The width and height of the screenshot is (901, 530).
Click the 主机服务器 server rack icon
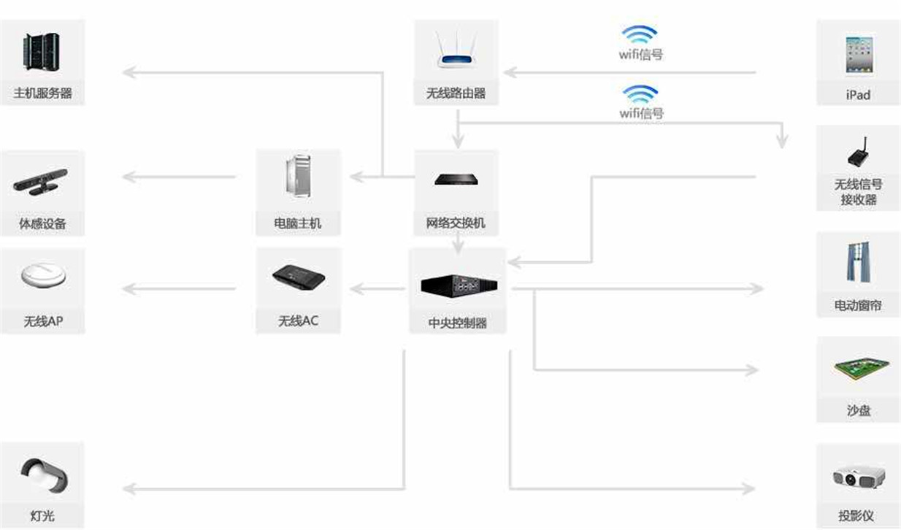[42, 53]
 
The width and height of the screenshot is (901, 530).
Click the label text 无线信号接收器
[858, 192]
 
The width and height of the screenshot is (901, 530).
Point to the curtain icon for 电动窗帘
[858, 264]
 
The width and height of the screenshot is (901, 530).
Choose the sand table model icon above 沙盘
[859, 368]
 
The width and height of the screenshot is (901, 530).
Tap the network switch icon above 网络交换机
[456, 179]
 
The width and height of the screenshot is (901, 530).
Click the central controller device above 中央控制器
[459, 285]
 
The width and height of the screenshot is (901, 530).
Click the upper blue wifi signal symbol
[639, 34]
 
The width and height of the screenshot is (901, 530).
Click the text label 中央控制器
[457, 322]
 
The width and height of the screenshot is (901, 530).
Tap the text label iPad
[858, 95]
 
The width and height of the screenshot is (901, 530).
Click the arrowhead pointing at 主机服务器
[128, 72]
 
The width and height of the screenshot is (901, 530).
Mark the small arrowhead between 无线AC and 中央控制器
[356, 289]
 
